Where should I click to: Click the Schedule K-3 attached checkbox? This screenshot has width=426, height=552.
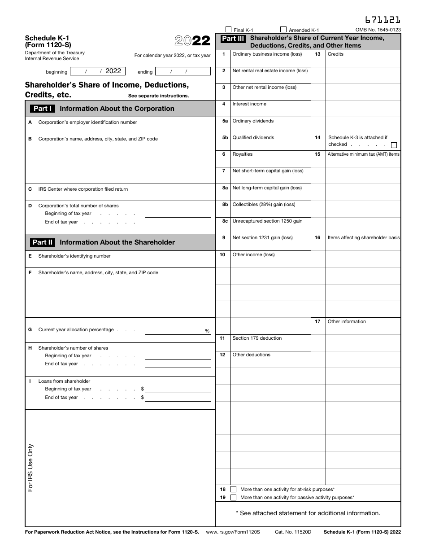tap(394, 145)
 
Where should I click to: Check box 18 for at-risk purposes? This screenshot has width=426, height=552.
tap(233, 489)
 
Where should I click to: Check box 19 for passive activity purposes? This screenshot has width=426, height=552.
tap(233, 497)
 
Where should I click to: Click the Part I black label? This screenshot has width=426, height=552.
tap(43, 109)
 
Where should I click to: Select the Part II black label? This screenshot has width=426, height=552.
tap(43, 242)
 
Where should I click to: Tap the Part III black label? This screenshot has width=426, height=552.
tap(233, 39)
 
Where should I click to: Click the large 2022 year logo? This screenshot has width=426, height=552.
tap(192, 41)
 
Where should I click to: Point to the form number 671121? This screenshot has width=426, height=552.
tap(383, 20)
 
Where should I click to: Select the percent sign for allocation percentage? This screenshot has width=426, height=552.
tap(207, 331)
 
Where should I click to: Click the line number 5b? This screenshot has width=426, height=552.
tap(225, 138)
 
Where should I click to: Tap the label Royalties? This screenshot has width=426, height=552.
tap(242, 154)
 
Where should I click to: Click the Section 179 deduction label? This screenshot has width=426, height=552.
tap(257, 338)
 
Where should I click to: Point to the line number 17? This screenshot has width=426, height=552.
tap(317, 322)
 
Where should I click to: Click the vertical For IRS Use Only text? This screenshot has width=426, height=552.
tap(30, 468)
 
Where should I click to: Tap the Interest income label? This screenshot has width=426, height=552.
tap(249, 104)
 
